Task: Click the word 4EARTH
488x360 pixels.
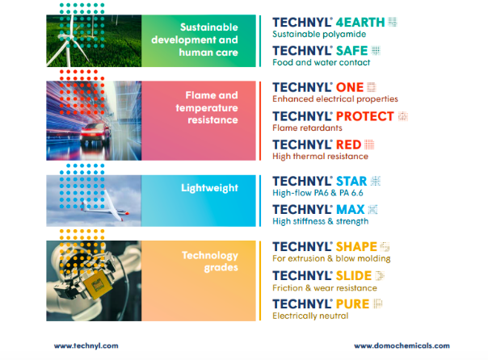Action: pyautogui.click(x=360, y=23)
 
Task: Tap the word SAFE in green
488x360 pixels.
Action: pyautogui.click(x=352, y=51)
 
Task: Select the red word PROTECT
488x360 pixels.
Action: pyautogui.click(x=365, y=116)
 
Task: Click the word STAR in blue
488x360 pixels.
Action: pyautogui.click(x=351, y=182)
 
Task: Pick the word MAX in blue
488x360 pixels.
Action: pyautogui.click(x=350, y=210)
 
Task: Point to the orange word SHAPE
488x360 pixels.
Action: pyautogui.click(x=356, y=247)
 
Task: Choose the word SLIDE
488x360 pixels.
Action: pyautogui.click(x=354, y=276)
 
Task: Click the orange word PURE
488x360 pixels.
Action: pyautogui.click(x=352, y=304)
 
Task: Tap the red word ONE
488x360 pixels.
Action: pyautogui.click(x=350, y=87)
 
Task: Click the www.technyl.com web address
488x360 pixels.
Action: pyautogui.click(x=86, y=345)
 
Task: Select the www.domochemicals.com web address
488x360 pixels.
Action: pyautogui.click(x=402, y=345)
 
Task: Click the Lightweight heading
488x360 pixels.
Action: pyautogui.click(x=209, y=188)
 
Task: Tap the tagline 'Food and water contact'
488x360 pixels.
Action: pyautogui.click(x=322, y=62)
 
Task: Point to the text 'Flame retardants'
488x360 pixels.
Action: pyautogui.click(x=307, y=128)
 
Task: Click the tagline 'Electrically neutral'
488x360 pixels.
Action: pyautogui.click(x=310, y=316)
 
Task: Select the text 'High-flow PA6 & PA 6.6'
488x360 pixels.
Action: pyautogui.click(x=318, y=193)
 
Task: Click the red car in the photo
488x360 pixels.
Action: pyautogui.click(x=95, y=134)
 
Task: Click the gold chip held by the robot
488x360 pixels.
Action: pyautogui.click(x=98, y=283)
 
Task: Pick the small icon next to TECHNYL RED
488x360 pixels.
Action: pyautogui.click(x=369, y=144)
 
